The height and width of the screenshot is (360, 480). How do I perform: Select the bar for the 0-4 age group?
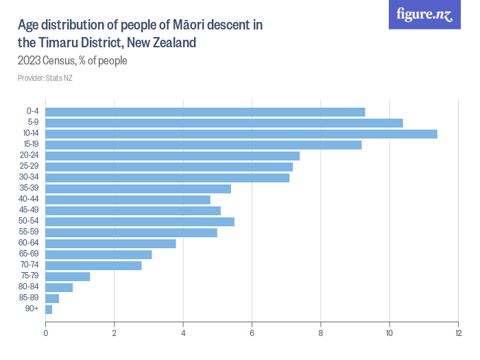coord(205,112)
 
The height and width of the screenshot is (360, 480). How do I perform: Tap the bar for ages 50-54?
coord(140,221)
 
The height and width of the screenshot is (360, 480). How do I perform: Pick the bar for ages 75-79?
coord(68,276)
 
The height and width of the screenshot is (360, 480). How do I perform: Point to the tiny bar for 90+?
coord(49,309)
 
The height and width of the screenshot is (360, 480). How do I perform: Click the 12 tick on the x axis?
coord(458,333)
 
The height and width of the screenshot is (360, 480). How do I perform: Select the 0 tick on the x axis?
coord(46,333)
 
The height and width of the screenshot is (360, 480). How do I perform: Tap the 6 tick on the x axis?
coord(252,333)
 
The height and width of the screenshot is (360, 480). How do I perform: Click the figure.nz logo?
coord(424,15)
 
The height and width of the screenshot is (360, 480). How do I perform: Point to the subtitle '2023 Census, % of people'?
coord(73,60)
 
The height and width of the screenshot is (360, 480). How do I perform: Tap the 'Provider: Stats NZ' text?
coord(45,78)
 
